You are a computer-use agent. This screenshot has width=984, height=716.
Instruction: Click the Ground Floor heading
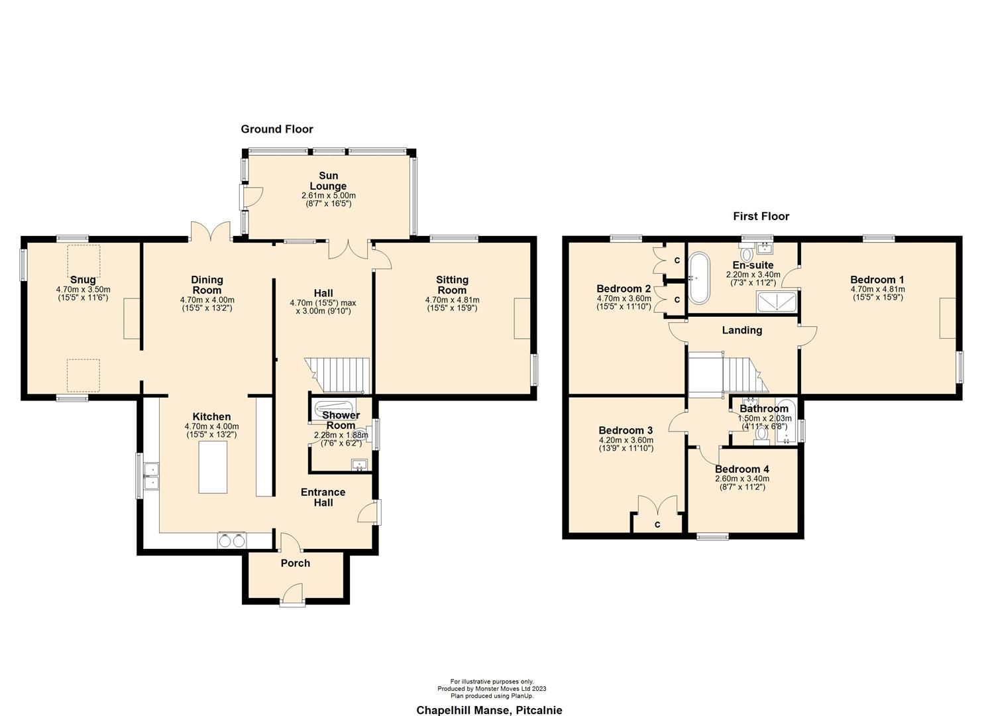tap(276, 129)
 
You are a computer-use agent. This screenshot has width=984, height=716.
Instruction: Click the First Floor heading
tap(761, 216)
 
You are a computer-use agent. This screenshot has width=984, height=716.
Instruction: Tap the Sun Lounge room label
tap(328, 181)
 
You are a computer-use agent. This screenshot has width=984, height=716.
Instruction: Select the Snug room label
tap(83, 280)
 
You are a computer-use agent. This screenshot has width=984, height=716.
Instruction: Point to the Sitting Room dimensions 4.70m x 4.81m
tap(452, 300)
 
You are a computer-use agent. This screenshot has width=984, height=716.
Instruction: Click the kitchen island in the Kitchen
tap(213, 467)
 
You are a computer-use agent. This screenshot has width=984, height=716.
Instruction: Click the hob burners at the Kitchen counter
tap(232, 540)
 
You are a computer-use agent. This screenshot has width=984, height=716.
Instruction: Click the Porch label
tap(295, 564)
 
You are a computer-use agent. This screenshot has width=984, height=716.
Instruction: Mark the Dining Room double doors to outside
tap(210, 232)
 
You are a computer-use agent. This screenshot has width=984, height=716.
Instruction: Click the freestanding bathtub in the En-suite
tap(698, 279)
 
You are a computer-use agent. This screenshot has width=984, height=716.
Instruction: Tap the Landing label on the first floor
tap(741, 330)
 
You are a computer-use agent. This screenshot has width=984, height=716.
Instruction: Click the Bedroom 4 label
tap(741, 469)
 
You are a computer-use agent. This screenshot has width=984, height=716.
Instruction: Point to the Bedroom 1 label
tap(877, 280)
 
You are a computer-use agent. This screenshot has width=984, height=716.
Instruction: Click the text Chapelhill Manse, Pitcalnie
tap(489, 710)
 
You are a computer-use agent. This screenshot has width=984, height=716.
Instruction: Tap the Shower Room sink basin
tap(360, 463)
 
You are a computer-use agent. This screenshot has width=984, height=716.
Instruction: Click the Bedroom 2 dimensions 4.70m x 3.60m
tap(624, 298)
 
